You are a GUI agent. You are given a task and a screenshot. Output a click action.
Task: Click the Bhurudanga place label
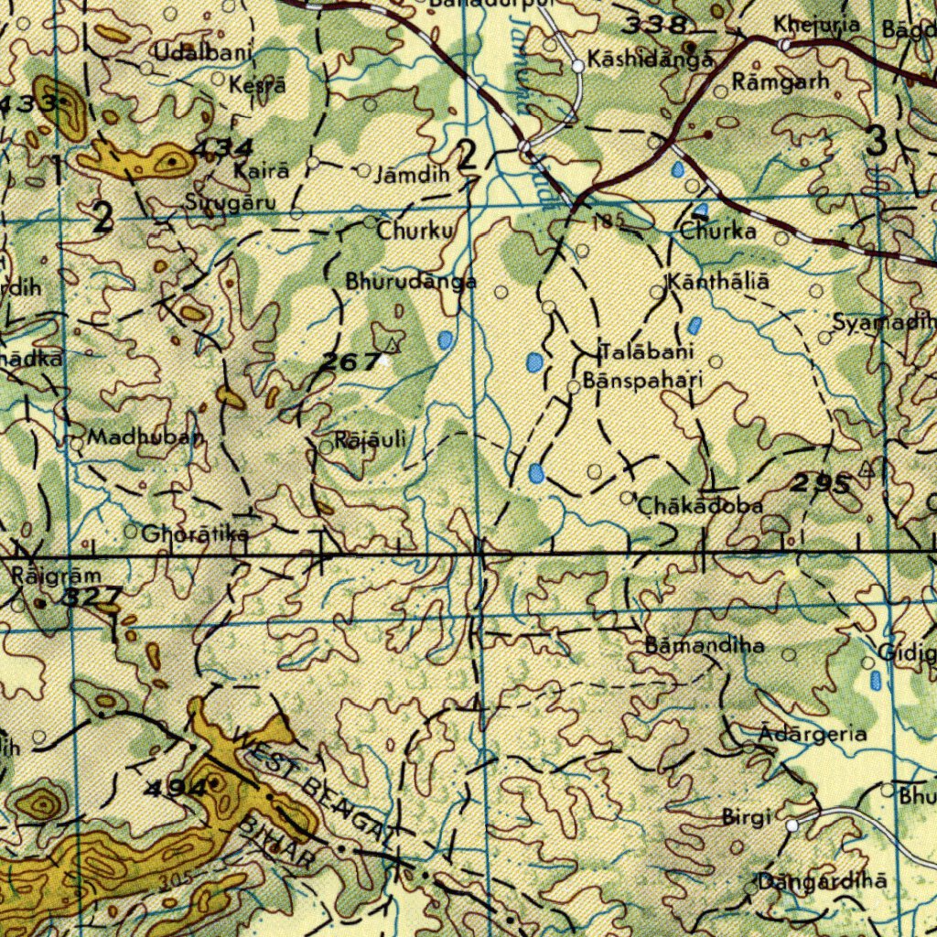(x=411, y=283)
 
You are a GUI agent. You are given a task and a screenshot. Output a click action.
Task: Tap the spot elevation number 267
(x=350, y=362)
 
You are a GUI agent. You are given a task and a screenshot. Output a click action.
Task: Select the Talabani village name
(x=648, y=352)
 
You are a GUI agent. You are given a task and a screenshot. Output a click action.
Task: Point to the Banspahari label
(x=643, y=381)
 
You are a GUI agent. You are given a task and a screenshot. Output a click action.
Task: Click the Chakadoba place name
(x=700, y=505)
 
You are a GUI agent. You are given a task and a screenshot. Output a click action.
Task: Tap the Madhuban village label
(x=145, y=437)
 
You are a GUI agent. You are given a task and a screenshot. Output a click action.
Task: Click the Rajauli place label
(x=371, y=441)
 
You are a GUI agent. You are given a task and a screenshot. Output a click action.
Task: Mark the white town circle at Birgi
(x=792, y=824)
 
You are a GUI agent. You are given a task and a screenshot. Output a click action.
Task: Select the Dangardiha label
(x=822, y=882)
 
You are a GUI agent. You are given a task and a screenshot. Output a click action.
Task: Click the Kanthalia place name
(x=719, y=283)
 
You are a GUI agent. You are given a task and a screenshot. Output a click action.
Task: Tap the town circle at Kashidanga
(x=578, y=66)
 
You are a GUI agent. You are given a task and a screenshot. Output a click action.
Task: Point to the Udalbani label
(x=202, y=52)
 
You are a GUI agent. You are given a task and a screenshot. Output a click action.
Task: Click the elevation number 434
(x=222, y=148)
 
